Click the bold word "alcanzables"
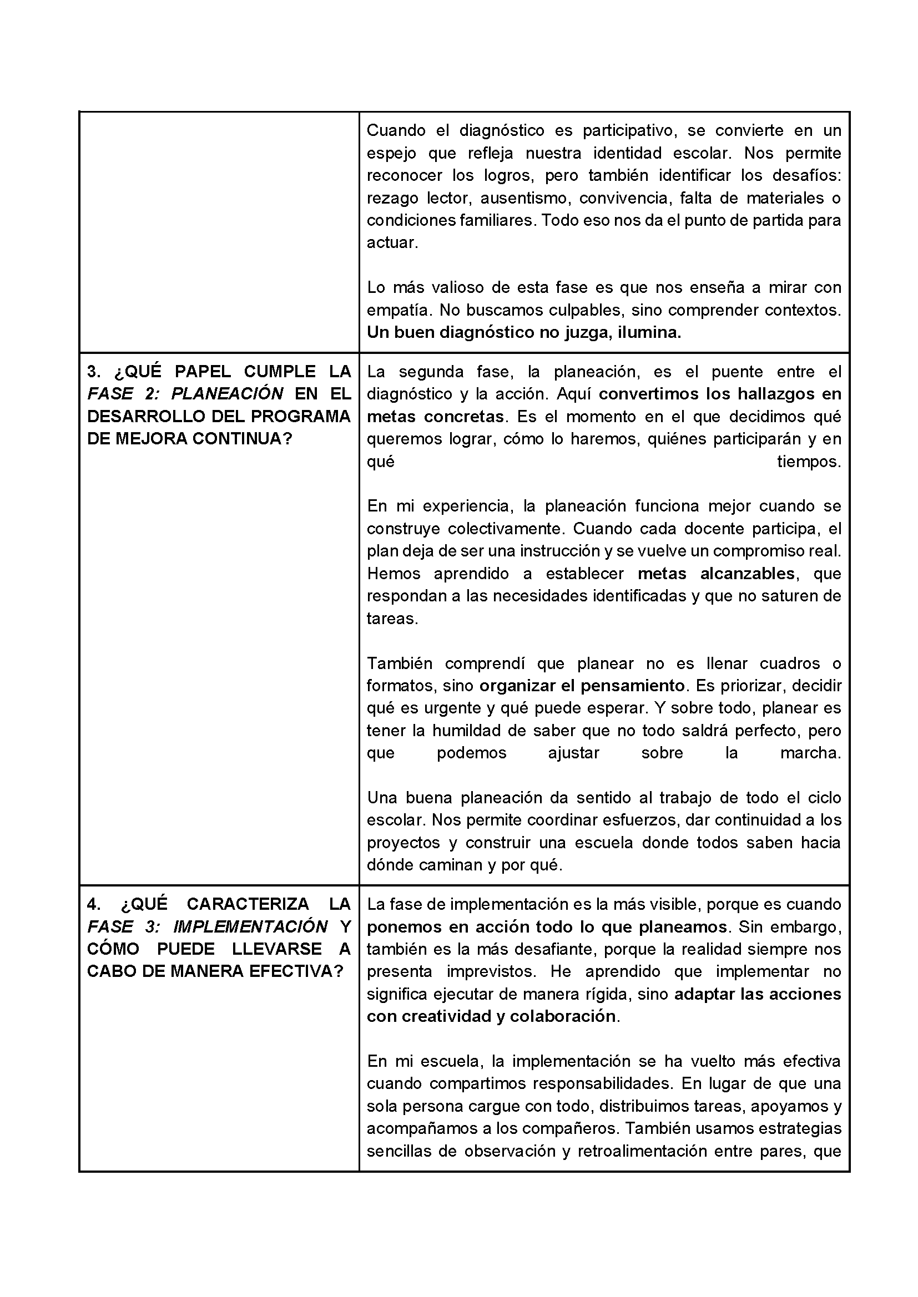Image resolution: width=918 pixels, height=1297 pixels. coord(747,574)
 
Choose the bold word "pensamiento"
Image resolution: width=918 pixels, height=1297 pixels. coord(633,686)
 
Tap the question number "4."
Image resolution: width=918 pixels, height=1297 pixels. coord(94,904)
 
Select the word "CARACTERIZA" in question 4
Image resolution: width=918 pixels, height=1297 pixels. coord(248,904)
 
